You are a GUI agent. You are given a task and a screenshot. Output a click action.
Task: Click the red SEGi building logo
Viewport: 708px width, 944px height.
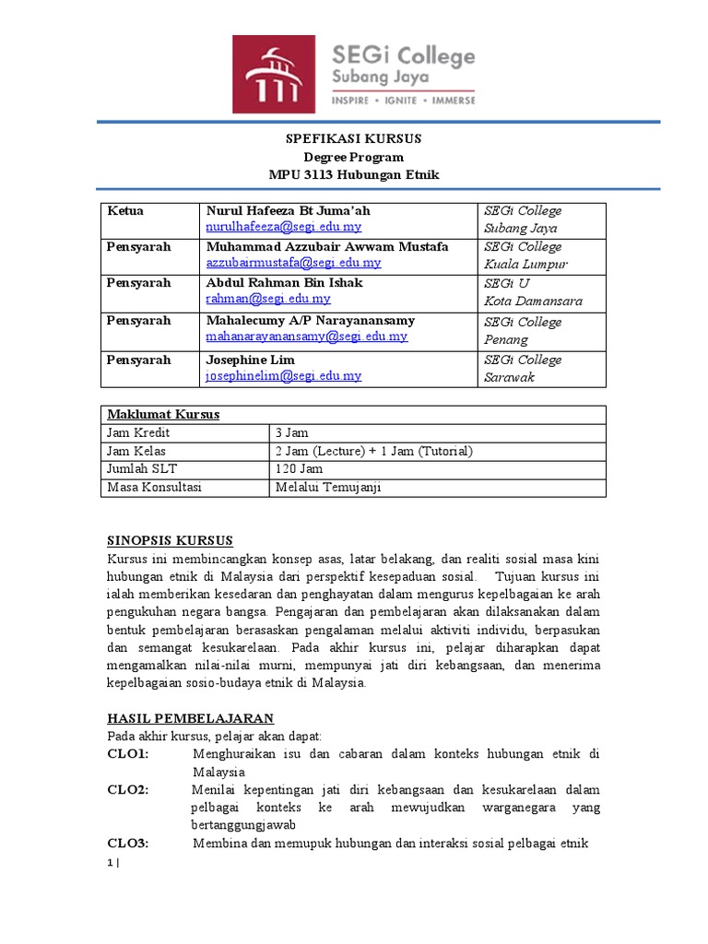click(274, 74)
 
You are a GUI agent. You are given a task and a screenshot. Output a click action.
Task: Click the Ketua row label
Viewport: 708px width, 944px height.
click(125, 211)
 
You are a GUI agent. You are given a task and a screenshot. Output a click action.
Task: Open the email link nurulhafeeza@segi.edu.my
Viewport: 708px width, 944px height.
click(284, 227)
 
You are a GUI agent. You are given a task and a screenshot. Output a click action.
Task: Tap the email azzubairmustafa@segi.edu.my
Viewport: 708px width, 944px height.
click(293, 263)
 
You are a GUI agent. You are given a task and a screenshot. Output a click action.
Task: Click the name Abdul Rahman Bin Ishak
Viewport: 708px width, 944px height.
click(284, 283)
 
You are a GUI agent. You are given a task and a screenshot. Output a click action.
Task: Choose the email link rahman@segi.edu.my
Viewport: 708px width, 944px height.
click(268, 299)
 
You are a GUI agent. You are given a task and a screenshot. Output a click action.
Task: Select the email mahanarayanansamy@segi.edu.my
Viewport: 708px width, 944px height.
click(306, 336)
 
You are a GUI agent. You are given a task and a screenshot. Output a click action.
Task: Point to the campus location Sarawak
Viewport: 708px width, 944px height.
click(509, 377)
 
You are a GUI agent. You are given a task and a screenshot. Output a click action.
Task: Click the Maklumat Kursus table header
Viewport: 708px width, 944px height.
click(163, 415)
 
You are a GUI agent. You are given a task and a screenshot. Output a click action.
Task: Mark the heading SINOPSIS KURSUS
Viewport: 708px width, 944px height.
click(170, 541)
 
